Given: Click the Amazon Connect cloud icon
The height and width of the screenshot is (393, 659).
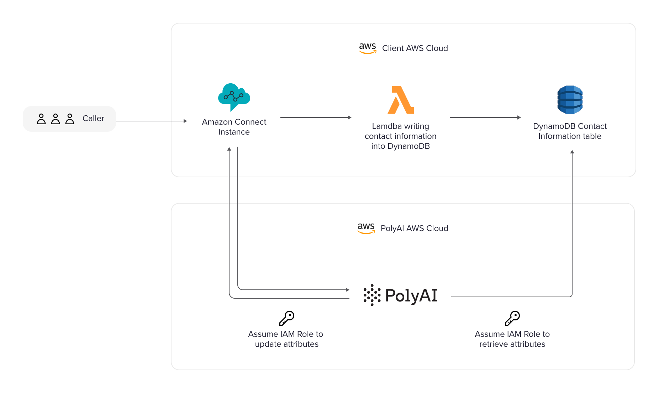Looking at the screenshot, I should tap(234, 97).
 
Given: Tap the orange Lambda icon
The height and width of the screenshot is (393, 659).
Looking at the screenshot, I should tap(401, 100).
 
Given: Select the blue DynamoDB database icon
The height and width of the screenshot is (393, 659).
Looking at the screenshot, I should tap(570, 100).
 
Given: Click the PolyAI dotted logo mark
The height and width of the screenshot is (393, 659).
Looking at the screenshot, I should tap(372, 295).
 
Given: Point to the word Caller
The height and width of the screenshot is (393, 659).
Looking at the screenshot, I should tap(93, 119).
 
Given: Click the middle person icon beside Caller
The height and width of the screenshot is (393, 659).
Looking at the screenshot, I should tap(56, 119).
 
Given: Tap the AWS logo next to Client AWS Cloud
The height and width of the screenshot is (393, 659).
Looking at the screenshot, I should tap(367, 48).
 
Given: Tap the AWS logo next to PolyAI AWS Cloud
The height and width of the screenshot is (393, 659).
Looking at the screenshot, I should tap(366, 228).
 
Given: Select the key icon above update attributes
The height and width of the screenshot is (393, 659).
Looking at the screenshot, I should tap(287, 318).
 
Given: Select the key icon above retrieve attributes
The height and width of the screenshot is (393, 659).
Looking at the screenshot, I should tap(512, 318).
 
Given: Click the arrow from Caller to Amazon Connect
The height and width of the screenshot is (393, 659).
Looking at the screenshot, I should tap(151, 121).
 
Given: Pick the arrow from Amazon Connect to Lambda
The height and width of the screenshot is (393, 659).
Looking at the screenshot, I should tap(316, 117).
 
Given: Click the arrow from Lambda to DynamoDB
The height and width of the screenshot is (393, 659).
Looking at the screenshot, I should tap(485, 117).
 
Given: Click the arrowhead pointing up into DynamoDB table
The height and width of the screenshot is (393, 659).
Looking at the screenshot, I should tap(572, 152).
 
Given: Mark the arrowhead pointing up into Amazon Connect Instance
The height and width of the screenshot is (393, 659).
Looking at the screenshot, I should tap(229, 149).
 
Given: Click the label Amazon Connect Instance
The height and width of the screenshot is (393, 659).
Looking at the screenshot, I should tap(234, 127).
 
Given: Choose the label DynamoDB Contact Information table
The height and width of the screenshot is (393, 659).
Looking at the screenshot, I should tap(570, 131).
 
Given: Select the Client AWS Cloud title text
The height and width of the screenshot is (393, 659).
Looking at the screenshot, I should tap(415, 48).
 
